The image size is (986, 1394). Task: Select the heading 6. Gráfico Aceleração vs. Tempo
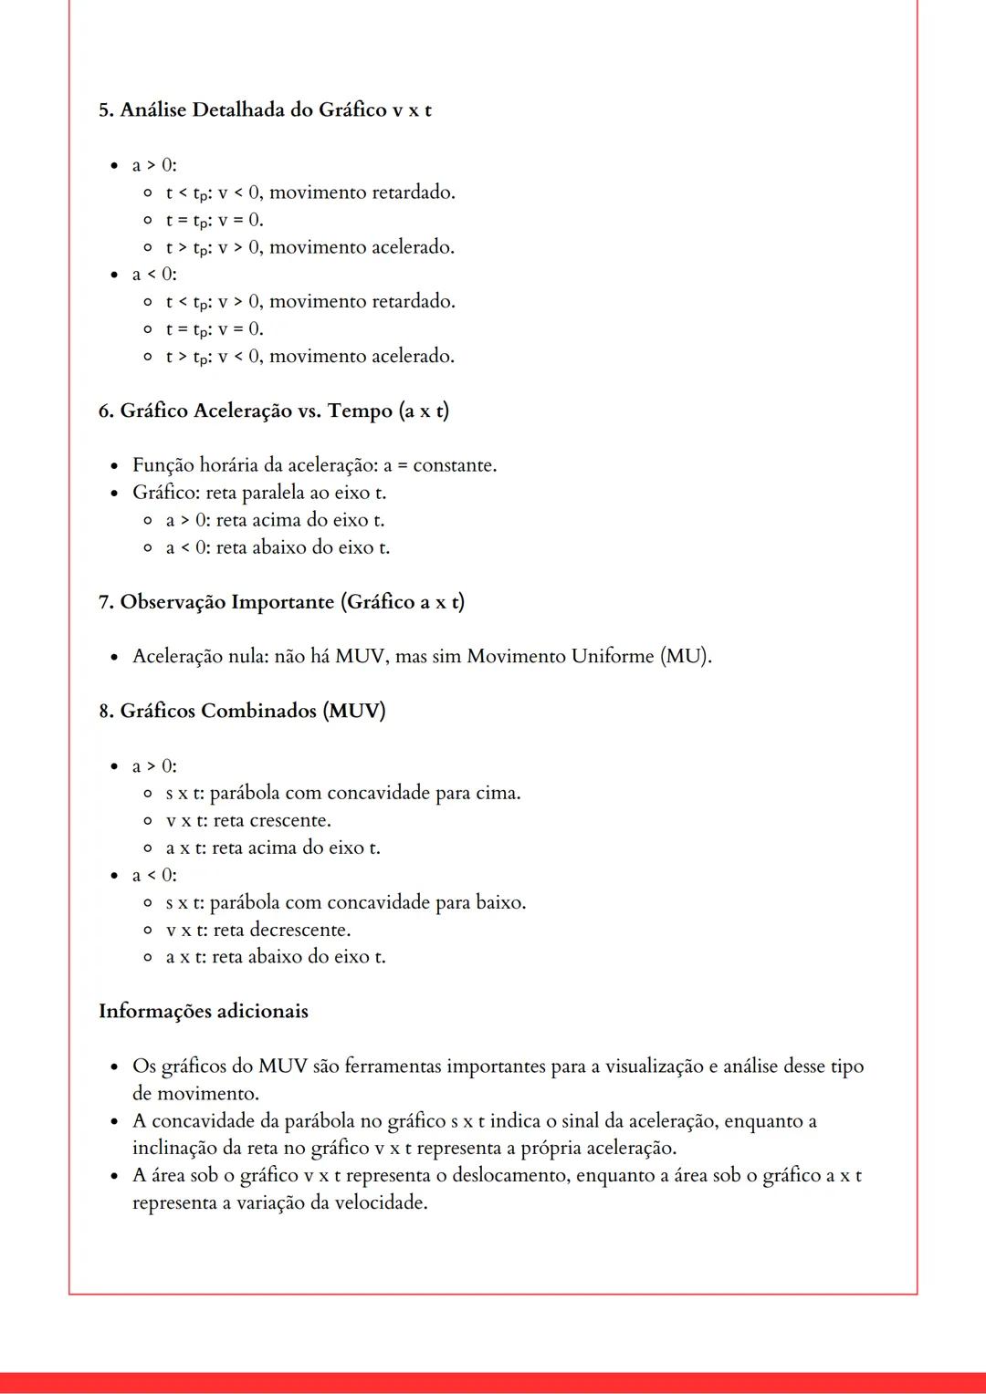coord(273,411)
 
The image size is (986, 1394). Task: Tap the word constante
coord(454,465)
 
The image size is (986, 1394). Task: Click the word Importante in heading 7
coord(283,602)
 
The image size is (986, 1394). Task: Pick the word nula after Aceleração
coord(246,656)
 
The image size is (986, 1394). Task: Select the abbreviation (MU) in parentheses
coord(685,656)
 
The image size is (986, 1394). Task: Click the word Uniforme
coord(613,656)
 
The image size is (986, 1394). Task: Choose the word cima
coord(498,793)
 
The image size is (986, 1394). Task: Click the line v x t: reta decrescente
coord(257,930)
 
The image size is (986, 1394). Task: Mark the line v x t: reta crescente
coord(247,820)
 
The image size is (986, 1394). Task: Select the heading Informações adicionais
coord(204,1011)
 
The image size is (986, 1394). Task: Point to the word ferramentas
coord(393,1066)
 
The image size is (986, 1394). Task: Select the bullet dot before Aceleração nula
coord(114,657)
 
